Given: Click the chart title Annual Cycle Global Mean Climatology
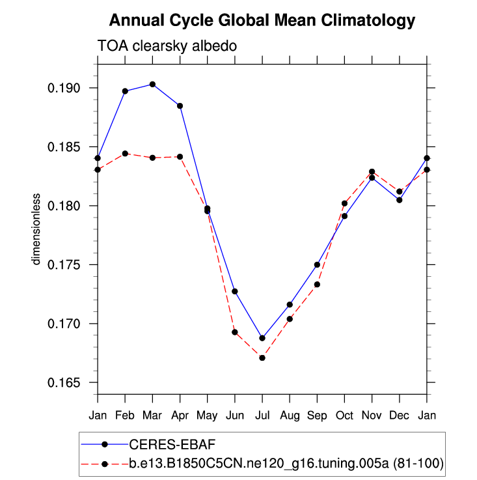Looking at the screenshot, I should [262, 21].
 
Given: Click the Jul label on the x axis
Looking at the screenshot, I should [262, 414].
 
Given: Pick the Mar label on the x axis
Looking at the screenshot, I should [152, 414].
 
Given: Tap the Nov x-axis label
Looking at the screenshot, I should [372, 414].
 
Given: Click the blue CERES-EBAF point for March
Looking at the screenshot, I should [152, 84].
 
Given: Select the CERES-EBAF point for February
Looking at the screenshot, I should [125, 91].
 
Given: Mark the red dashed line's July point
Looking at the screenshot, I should [262, 358].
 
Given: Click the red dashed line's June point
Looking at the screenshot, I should [235, 332].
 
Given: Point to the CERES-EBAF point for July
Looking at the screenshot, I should [262, 338].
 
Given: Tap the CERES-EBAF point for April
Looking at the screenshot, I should [180, 106].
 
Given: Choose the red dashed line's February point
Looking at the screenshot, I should [125, 154].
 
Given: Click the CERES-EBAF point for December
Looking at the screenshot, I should [400, 200].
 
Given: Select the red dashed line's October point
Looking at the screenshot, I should [344, 203].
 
